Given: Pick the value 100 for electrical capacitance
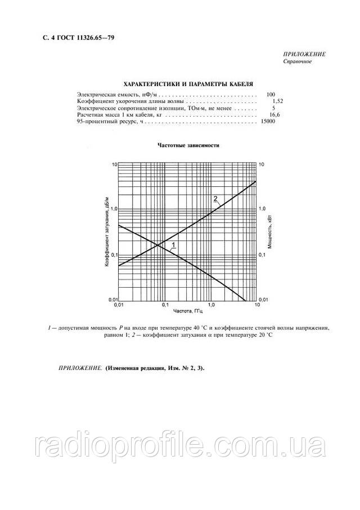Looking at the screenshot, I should point(271,94).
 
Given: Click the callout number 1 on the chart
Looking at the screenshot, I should point(174,244).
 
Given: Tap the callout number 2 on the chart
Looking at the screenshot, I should point(215,198).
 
